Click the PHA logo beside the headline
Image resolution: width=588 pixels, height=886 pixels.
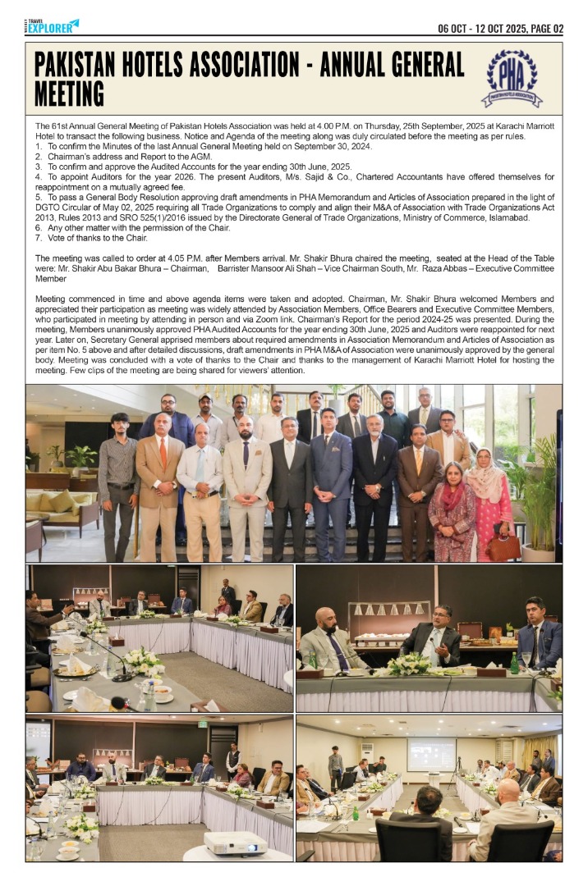511,80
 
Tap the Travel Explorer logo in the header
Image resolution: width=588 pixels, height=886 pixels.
53,26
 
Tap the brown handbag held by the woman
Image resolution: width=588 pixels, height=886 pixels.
503,546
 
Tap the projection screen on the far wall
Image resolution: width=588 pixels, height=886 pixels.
431,752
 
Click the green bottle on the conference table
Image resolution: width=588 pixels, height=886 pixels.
515,663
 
